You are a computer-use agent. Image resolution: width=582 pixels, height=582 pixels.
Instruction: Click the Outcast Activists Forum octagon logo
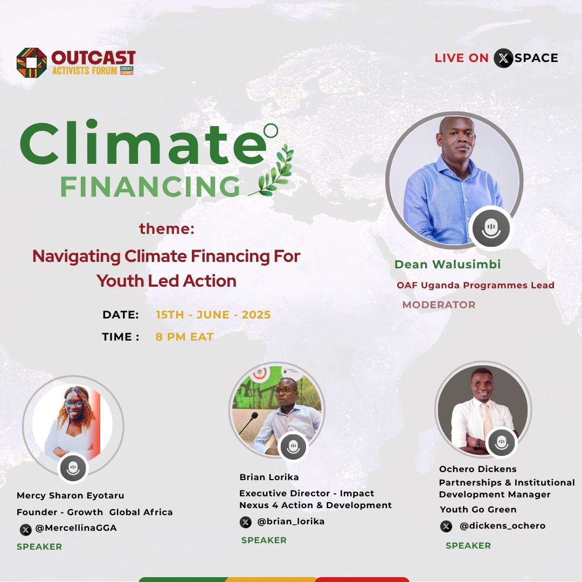[31, 63]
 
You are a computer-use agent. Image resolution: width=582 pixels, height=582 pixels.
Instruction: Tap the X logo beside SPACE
[503, 58]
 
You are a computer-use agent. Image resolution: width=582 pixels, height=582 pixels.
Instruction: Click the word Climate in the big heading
[143, 143]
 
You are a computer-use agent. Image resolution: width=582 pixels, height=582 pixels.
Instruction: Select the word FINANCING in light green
[150, 186]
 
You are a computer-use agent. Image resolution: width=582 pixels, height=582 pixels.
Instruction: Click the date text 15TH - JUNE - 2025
[213, 315]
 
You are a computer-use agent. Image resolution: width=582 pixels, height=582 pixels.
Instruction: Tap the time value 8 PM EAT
[184, 337]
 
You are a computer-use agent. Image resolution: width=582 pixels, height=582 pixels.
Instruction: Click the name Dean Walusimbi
[447, 264]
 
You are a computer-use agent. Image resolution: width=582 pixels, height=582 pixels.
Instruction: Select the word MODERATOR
[439, 304]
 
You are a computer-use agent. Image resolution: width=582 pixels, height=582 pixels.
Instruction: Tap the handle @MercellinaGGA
[75, 528]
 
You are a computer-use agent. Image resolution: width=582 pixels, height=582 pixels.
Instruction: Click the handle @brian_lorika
[290, 522]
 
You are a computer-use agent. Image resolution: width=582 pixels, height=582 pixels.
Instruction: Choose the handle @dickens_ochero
[502, 526]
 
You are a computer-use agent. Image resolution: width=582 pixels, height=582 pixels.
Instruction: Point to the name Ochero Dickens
[477, 469]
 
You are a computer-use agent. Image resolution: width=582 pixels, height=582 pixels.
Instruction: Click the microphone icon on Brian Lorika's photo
[293, 446]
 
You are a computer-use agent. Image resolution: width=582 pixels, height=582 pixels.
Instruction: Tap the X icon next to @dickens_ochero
[446, 526]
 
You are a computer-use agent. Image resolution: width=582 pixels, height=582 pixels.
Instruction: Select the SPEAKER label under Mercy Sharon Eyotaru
[39, 546]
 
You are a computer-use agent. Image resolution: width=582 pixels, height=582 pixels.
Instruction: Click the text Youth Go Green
[478, 509]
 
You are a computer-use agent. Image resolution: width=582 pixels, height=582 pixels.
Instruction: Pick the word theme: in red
[167, 229]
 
